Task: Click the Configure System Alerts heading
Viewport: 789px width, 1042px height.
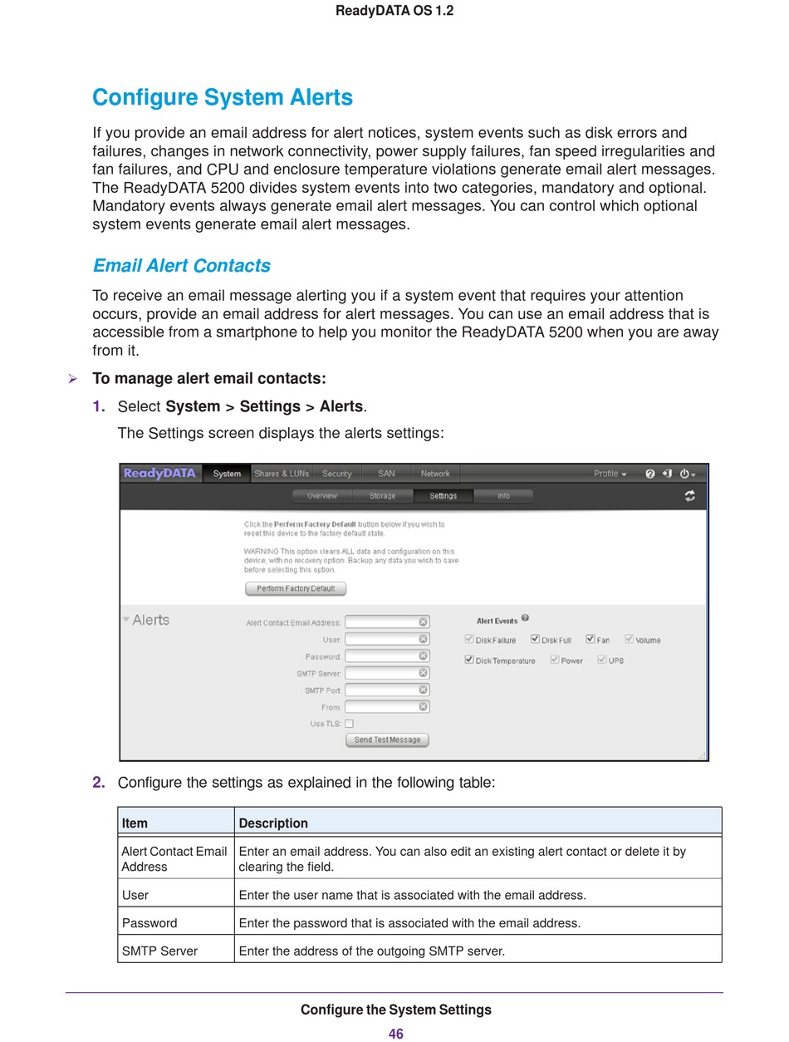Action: pyautogui.click(x=223, y=97)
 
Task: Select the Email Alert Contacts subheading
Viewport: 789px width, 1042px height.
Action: pyautogui.click(x=181, y=266)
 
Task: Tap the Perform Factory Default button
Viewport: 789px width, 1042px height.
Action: pyautogui.click(x=296, y=588)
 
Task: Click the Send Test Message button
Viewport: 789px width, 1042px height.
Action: pyautogui.click(x=387, y=740)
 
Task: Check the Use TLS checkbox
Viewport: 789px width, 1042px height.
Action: pyautogui.click(x=350, y=724)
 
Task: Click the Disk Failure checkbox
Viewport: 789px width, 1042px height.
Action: pyautogui.click(x=469, y=640)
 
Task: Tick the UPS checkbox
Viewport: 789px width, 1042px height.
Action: pyautogui.click(x=602, y=660)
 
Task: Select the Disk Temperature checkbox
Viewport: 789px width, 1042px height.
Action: pyautogui.click(x=469, y=660)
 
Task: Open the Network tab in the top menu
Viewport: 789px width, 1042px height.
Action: pyautogui.click(x=435, y=474)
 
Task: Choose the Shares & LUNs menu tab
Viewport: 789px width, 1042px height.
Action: pyautogui.click(x=282, y=474)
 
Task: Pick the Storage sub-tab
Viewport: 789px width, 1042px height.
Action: pyautogui.click(x=383, y=496)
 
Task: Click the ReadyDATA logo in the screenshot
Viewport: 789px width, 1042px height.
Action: pyautogui.click(x=159, y=474)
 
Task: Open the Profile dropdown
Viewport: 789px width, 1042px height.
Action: pyautogui.click(x=610, y=474)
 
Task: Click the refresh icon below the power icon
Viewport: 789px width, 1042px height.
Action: pyautogui.click(x=689, y=496)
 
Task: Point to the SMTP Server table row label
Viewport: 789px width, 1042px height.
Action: pyautogui.click(x=159, y=951)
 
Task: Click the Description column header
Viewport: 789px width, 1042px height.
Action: pyautogui.click(x=273, y=823)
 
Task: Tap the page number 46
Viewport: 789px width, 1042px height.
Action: pyautogui.click(x=395, y=1034)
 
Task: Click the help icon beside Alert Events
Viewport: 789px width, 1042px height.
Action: pyautogui.click(x=526, y=619)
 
